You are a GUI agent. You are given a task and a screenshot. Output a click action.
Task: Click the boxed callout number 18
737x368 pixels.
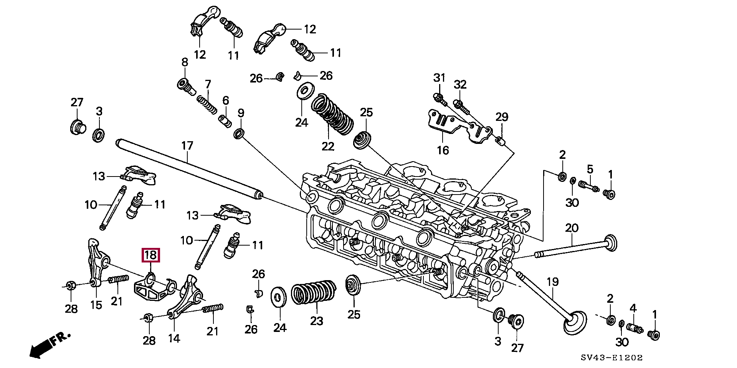(150, 255)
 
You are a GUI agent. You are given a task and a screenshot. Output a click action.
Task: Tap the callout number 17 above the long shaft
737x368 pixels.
(187, 146)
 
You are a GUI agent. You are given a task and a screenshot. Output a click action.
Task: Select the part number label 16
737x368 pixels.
(443, 150)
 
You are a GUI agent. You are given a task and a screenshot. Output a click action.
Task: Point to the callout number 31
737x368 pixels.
(439, 78)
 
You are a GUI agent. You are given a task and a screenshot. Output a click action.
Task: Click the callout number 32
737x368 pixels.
(460, 84)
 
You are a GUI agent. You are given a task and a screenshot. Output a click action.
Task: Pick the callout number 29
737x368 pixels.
(502, 117)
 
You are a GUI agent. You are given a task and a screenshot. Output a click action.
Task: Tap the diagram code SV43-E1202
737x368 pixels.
(611, 358)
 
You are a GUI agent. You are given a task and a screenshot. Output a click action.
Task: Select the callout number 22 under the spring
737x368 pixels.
(328, 146)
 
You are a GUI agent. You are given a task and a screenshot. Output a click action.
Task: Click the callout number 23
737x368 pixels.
(317, 321)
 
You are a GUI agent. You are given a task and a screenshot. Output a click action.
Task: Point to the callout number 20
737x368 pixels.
(572, 228)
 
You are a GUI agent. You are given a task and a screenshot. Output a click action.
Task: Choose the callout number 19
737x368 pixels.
(552, 282)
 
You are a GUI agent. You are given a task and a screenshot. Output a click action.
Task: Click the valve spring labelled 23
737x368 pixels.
(314, 292)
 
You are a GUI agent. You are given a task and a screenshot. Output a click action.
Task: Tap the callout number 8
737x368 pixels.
(185, 62)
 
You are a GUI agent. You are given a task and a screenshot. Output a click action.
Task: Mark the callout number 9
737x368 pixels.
(241, 113)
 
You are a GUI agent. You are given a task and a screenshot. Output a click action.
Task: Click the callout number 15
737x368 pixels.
(96, 305)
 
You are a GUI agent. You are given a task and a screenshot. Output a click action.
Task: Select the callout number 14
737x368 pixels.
(174, 338)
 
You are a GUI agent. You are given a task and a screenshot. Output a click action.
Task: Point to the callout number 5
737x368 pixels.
(590, 169)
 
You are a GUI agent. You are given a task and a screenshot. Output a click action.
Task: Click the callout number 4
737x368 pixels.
(633, 308)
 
